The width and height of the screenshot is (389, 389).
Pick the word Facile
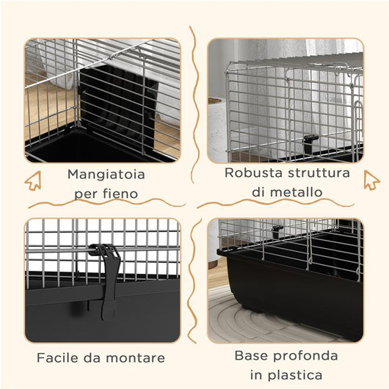(58, 358)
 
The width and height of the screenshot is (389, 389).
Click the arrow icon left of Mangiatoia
(33, 180)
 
